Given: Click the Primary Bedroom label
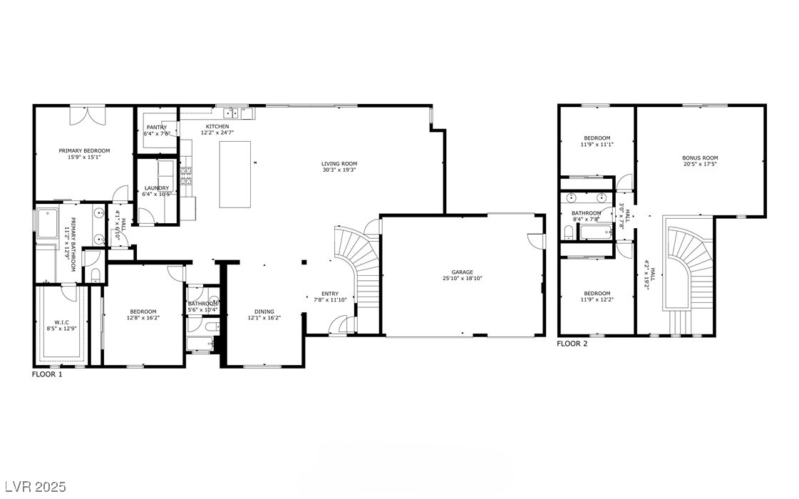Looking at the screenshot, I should pos(84,150).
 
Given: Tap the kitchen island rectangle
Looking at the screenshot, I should pos(235,174).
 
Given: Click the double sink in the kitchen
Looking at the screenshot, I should pos(232,113).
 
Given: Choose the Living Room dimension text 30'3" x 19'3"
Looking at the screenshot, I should pos(338,170).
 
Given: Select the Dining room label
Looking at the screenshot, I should pos(264,312).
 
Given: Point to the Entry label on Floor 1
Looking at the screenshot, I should pos(330,294).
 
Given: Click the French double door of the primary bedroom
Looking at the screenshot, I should pos(87,115).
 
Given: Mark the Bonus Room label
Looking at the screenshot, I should pos(699,158).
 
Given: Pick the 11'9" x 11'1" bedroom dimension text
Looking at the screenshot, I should pos(597,144).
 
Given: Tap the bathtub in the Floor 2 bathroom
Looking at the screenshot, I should pos(595,230).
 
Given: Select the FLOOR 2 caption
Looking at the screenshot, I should pos(572,344).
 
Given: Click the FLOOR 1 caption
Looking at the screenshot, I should pos(47,374).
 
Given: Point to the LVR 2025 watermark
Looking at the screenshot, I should pos(33,487).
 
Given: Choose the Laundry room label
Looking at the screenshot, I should pos(156,188).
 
